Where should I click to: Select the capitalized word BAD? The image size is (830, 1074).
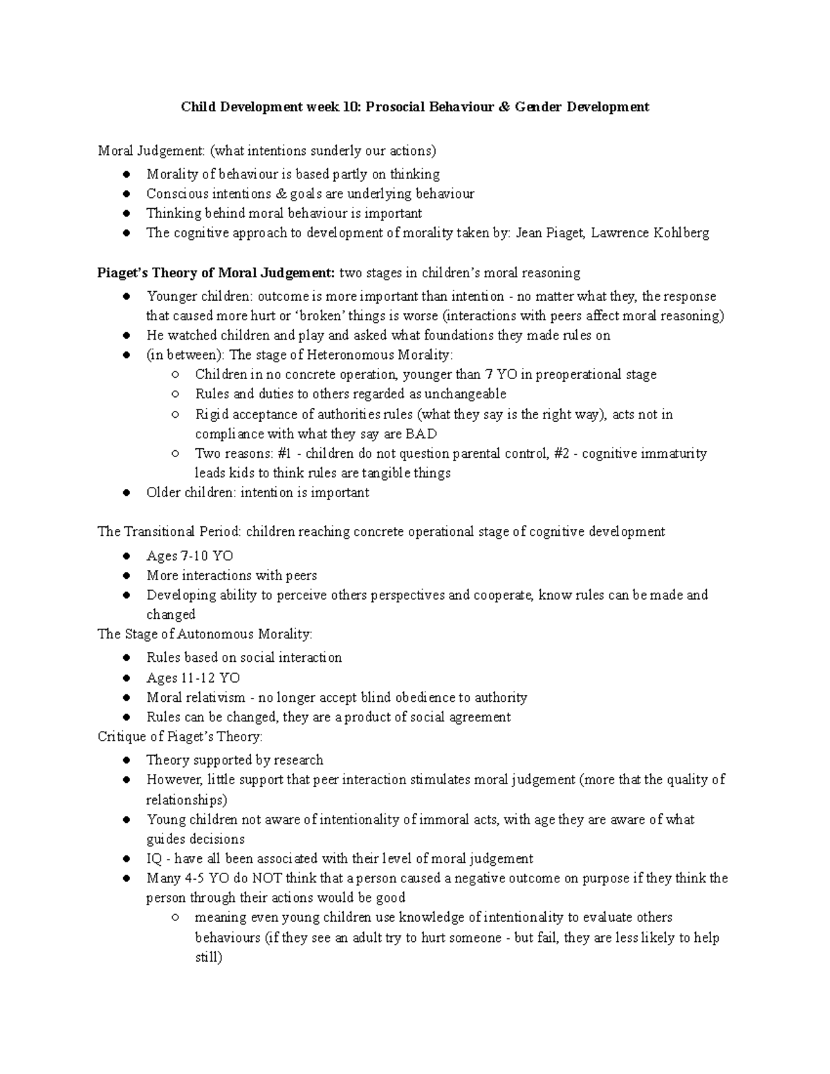tap(421, 434)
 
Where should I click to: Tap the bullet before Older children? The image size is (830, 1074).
tap(126, 493)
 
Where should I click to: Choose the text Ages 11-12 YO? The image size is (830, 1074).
tap(193, 678)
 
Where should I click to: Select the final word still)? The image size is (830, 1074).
tap(208, 958)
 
